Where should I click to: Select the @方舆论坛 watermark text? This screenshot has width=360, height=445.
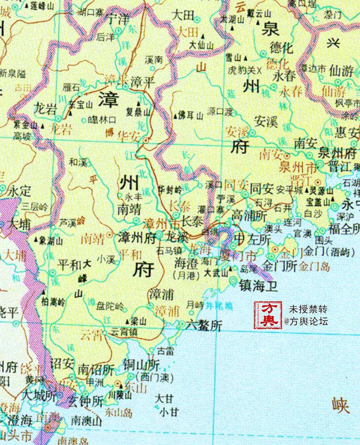(309, 321)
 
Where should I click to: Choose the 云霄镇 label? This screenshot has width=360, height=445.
(123, 332)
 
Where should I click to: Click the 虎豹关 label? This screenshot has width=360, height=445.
(242, 70)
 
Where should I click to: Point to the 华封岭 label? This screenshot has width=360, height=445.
(170, 190)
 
